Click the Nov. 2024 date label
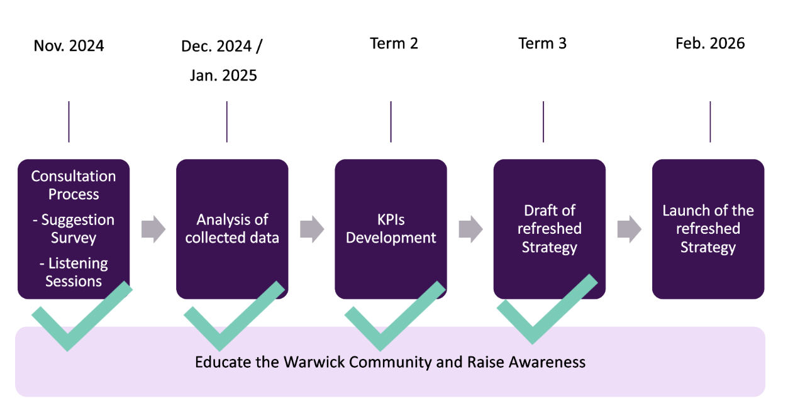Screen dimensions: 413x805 click(69, 46)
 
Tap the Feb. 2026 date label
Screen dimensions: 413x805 click(710, 43)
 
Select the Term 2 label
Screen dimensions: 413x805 click(394, 43)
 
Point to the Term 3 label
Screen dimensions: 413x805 click(542, 43)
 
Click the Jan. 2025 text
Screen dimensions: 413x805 click(223, 75)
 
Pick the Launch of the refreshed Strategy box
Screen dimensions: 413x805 click(708, 229)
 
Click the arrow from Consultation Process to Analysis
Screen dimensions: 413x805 click(153, 229)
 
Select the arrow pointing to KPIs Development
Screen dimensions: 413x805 click(311, 229)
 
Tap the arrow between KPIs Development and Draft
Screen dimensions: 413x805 click(470, 229)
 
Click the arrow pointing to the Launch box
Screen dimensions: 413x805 click(628, 229)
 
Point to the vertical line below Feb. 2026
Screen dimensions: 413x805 click(710, 121)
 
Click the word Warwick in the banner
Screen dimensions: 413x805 click(314, 362)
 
